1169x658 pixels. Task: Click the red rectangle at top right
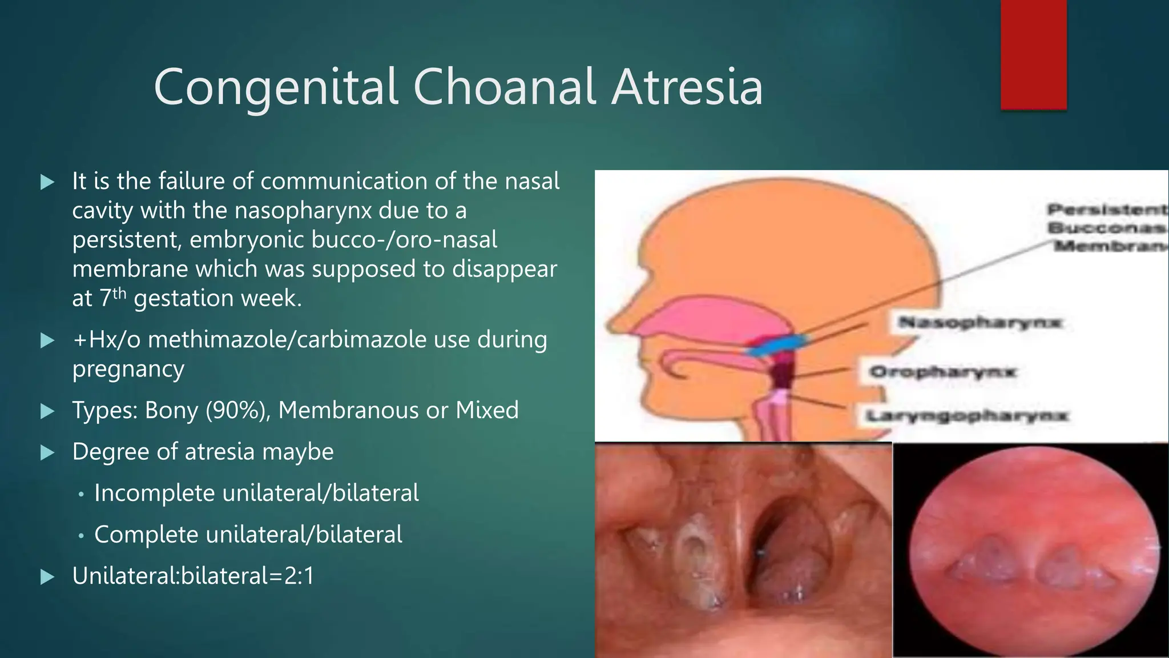(1033, 54)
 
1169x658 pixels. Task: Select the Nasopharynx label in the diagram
(979, 323)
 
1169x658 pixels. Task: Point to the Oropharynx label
(942, 372)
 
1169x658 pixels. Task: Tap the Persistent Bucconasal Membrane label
(1107, 227)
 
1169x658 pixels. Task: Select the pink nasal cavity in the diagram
(714, 320)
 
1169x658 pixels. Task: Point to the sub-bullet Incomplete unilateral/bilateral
(256, 493)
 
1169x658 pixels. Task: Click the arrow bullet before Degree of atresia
(47, 453)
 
